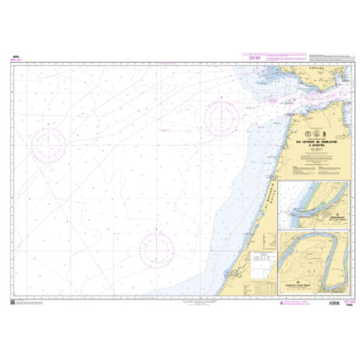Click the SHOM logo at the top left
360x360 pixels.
point(15,56)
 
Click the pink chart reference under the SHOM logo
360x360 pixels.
point(15,61)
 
